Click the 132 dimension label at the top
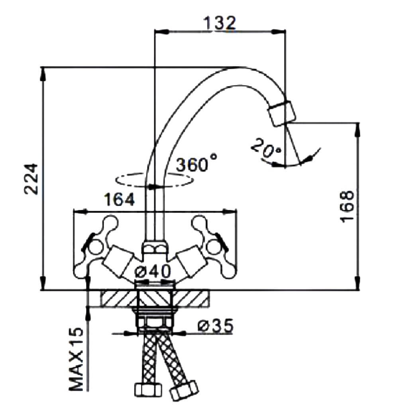click(x=220, y=24)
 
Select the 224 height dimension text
click(x=31, y=179)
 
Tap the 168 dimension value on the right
click(x=347, y=207)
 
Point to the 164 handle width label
click(x=119, y=200)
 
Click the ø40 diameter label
click(x=153, y=271)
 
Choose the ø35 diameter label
click(x=216, y=326)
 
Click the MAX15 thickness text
click(x=76, y=359)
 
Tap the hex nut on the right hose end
click(x=184, y=391)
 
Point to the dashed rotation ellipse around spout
click(x=154, y=180)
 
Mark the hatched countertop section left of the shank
click(x=119, y=298)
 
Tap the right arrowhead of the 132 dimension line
click(x=279, y=31)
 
